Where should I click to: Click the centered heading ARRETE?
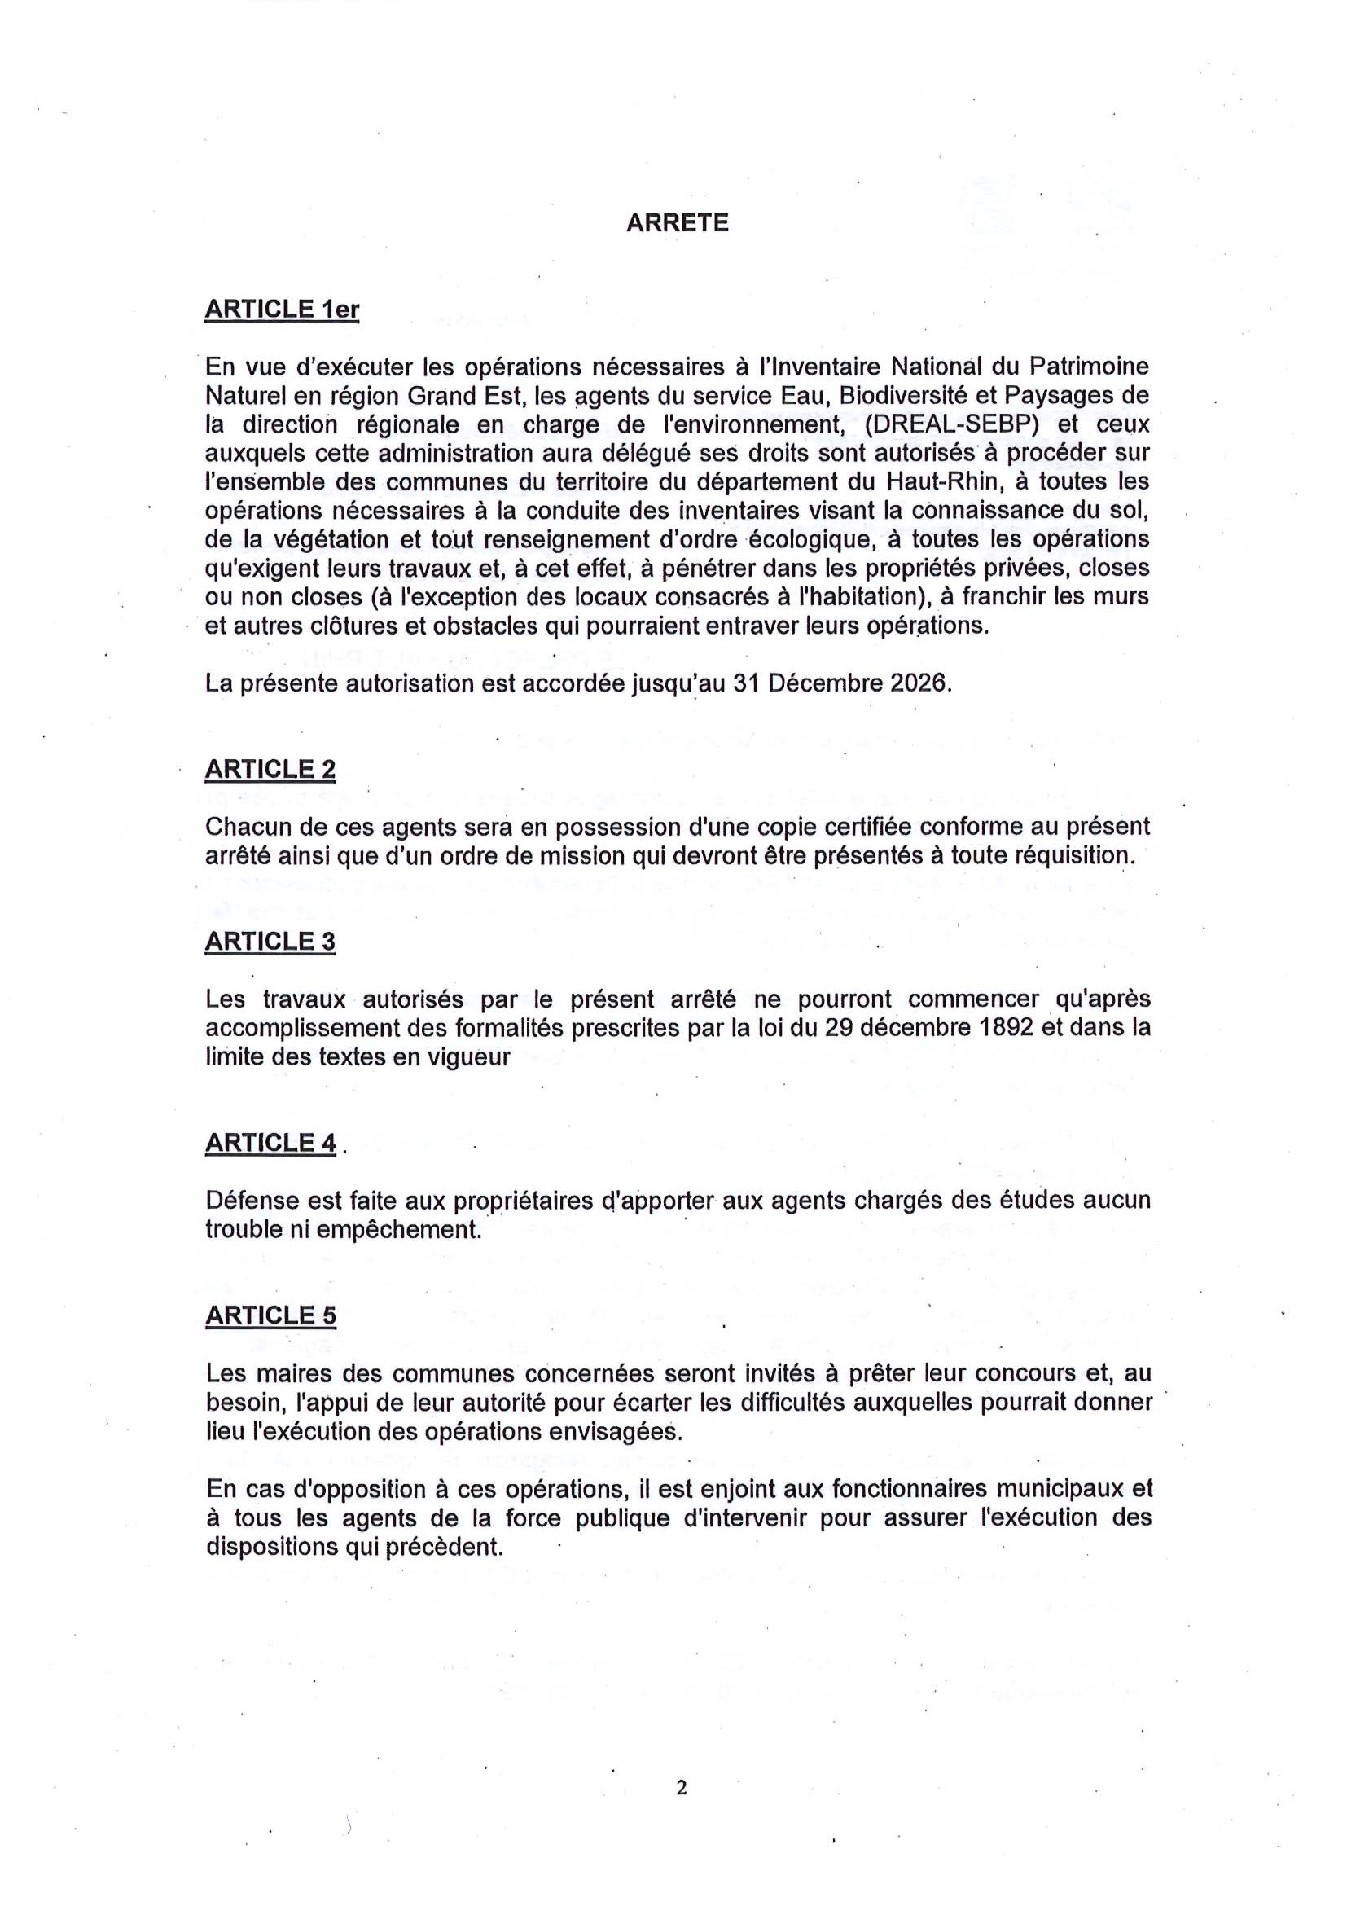[678, 223]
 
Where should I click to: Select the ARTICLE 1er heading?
[281, 310]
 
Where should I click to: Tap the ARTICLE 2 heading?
[270, 770]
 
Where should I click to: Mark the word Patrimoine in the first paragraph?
[1089, 366]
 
